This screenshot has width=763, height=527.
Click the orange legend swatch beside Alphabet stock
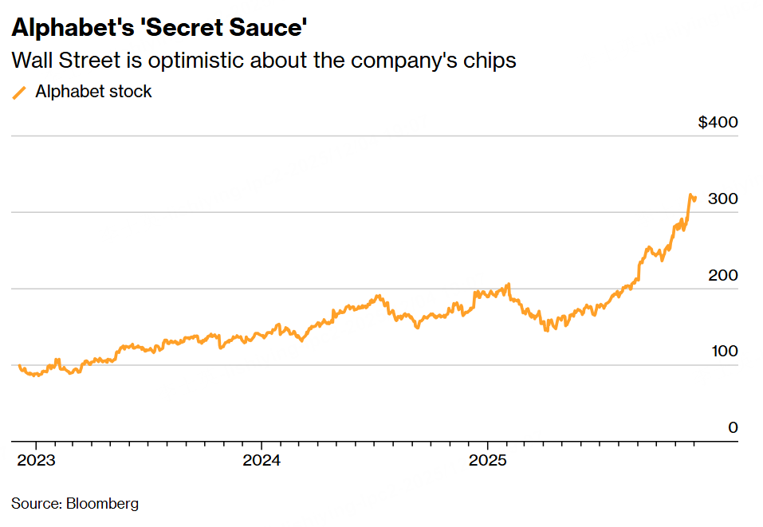pos(20,92)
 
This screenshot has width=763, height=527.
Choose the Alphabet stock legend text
pos(93,92)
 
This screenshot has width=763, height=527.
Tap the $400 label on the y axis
pos(718,122)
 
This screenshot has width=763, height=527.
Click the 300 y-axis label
pos(723,199)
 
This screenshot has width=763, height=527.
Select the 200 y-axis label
pos(723,275)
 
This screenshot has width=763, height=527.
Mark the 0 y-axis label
pos(733,428)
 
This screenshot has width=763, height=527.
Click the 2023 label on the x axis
pos(35,460)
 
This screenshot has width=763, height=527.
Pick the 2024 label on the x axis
pos(262,460)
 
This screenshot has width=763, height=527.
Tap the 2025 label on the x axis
pos(488,460)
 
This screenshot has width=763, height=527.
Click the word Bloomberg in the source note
pos(102,504)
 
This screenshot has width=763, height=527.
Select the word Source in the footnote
pos(35,504)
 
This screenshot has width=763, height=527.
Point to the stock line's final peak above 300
pos(690,195)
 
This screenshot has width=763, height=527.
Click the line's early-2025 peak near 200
pos(508,284)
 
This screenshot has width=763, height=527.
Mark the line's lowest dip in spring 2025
pos(547,329)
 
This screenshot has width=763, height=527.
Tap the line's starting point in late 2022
pos(20,365)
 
